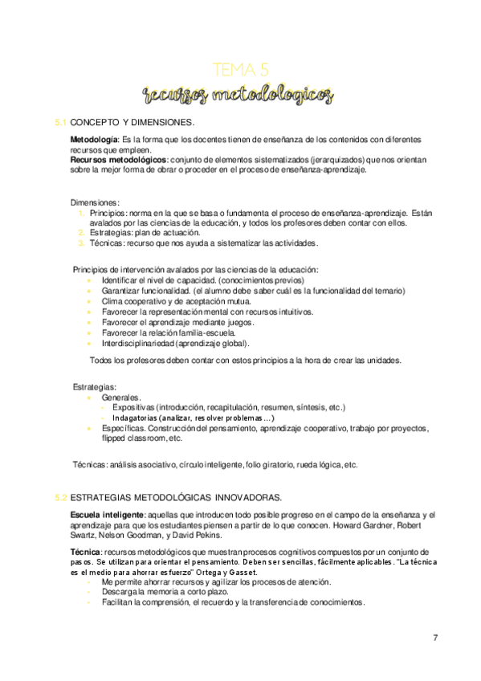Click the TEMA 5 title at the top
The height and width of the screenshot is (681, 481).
tap(240, 69)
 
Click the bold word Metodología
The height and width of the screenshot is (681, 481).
tap(94, 141)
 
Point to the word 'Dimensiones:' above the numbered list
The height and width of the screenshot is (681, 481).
tap(96, 202)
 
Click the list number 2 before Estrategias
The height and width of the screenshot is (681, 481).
tap(82, 232)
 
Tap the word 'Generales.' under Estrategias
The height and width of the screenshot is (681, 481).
tap(122, 397)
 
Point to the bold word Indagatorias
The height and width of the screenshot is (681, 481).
tap(135, 418)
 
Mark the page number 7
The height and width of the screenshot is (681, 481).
tap(435, 638)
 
